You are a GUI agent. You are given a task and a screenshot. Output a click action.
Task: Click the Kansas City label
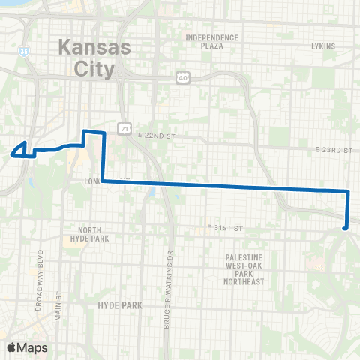click(x=94, y=58)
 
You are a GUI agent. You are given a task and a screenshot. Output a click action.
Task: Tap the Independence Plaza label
click(x=211, y=41)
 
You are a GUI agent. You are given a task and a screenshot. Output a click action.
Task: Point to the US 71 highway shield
click(x=123, y=129)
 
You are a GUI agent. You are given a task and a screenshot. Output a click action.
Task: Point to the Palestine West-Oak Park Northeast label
click(x=244, y=269)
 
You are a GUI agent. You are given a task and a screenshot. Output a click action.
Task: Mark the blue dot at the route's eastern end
click(x=344, y=227)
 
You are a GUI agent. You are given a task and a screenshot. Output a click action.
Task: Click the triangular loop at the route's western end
click(x=22, y=150)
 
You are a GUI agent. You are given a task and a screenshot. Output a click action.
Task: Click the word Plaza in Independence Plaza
click(x=211, y=46)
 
